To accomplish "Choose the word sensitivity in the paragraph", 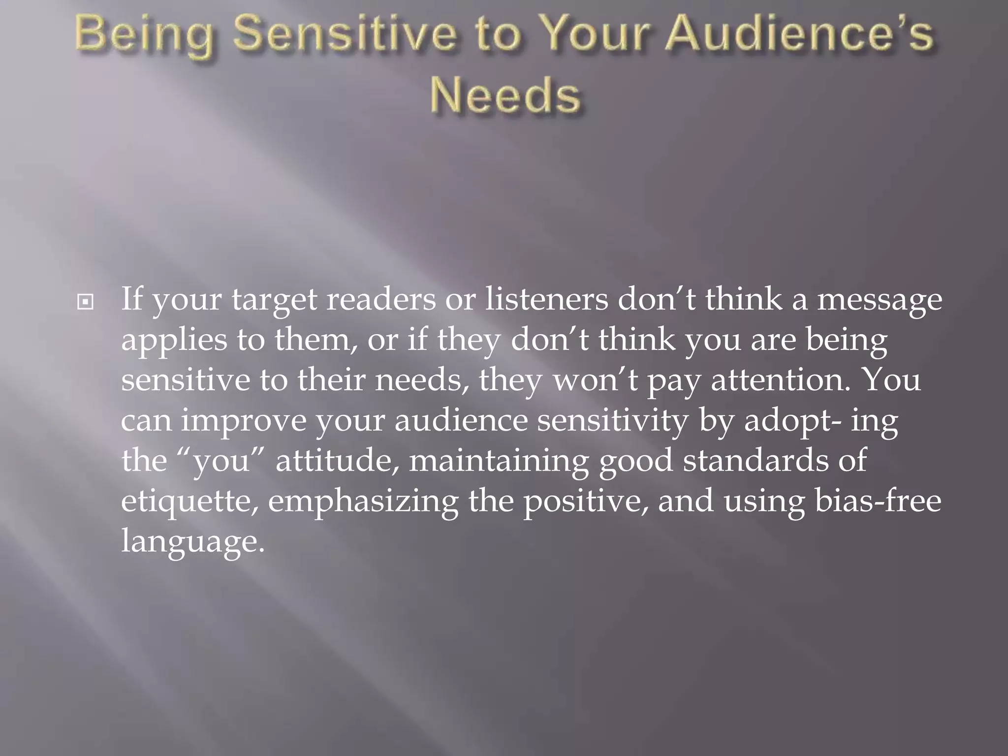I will (612, 421).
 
